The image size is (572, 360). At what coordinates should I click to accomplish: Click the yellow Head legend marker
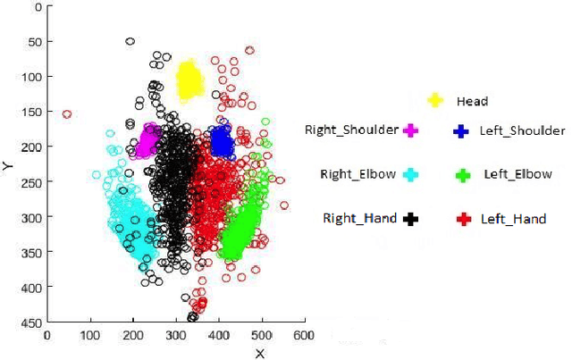point(435,101)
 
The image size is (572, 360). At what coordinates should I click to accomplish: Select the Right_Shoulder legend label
point(351,130)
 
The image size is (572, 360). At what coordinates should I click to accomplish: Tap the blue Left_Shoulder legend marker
point(461,130)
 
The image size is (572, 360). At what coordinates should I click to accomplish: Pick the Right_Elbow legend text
point(357,174)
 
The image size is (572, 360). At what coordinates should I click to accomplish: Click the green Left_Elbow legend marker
point(462,175)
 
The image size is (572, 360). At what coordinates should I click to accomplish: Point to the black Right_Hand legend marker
point(411,218)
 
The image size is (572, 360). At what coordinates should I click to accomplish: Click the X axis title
point(260,353)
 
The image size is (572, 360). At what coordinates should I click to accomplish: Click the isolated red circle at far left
point(67,114)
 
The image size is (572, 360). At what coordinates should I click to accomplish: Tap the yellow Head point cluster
point(189,81)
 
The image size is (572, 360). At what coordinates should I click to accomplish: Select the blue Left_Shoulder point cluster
point(221,141)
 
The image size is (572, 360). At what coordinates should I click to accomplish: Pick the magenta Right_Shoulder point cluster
point(150,140)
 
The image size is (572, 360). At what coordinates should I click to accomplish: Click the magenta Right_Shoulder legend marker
point(410,130)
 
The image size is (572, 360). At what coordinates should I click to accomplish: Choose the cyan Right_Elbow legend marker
point(410,175)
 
